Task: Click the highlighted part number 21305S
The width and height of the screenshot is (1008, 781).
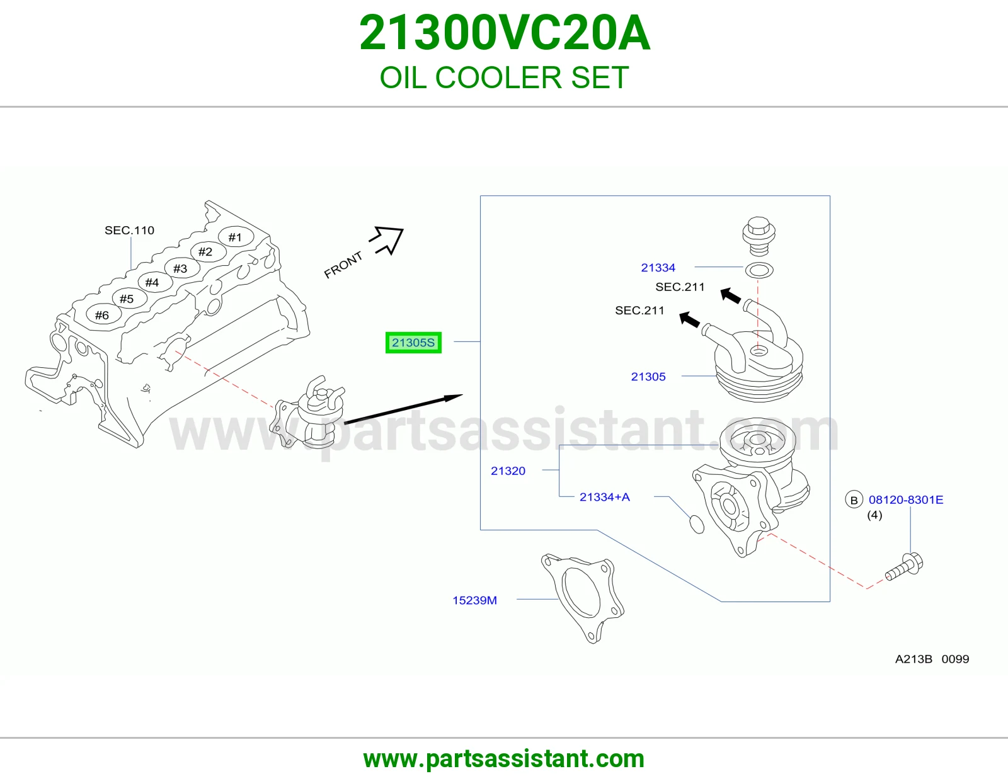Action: [x=413, y=343]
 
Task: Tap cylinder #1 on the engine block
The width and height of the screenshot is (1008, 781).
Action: [x=236, y=237]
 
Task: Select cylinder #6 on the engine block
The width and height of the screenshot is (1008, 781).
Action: [x=103, y=316]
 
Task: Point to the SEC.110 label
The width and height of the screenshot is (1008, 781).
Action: [x=129, y=231]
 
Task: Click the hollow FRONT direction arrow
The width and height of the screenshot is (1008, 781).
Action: [x=387, y=240]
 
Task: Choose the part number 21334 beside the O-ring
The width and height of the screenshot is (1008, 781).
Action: [x=658, y=268]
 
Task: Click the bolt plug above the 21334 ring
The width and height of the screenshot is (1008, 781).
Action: [x=759, y=236]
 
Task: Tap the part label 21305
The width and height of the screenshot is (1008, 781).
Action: [x=648, y=377]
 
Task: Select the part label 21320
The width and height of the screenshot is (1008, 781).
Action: [x=508, y=470]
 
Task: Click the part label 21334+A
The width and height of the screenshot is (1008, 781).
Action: [x=604, y=497]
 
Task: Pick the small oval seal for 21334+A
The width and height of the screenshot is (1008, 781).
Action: [x=697, y=524]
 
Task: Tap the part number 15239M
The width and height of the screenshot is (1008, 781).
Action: [x=474, y=600]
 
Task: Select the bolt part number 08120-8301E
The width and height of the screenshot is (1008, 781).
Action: [x=905, y=499]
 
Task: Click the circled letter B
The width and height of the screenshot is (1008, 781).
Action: [x=854, y=500]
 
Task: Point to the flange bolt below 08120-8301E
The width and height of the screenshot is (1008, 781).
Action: [x=904, y=567]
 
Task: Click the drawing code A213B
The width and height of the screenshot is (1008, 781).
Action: [x=913, y=659]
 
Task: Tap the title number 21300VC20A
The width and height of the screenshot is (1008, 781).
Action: [x=504, y=33]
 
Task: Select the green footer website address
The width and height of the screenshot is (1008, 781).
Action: [x=504, y=759]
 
